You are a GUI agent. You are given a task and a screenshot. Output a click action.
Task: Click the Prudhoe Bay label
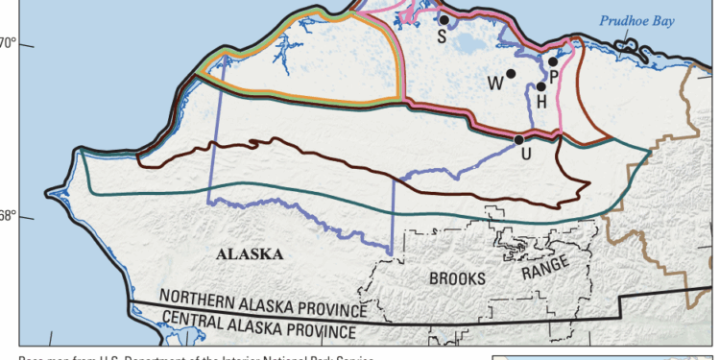click(x=637, y=19)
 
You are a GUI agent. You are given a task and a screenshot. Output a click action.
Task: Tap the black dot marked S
click(x=444, y=19)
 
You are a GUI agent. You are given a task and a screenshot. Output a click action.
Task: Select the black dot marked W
click(x=512, y=73)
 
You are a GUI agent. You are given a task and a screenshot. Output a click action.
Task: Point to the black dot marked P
click(x=553, y=61)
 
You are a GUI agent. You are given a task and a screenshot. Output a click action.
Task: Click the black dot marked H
click(x=541, y=86)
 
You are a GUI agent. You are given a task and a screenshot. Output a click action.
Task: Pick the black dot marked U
click(x=518, y=140)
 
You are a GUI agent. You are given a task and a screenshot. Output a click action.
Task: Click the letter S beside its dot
click(x=441, y=36)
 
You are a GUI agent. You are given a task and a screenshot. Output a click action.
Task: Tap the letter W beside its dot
click(x=495, y=84)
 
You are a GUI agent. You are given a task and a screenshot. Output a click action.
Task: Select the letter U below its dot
click(x=525, y=155)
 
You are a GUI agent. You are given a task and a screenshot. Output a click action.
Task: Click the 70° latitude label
click(x=8, y=43)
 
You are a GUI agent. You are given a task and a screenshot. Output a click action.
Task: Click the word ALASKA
click(x=250, y=254)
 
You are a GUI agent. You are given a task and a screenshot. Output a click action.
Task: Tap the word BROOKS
click(x=459, y=277)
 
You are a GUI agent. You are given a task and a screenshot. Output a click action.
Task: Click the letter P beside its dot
click(x=554, y=76)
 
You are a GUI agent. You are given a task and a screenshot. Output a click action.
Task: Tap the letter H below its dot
click(x=541, y=101)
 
